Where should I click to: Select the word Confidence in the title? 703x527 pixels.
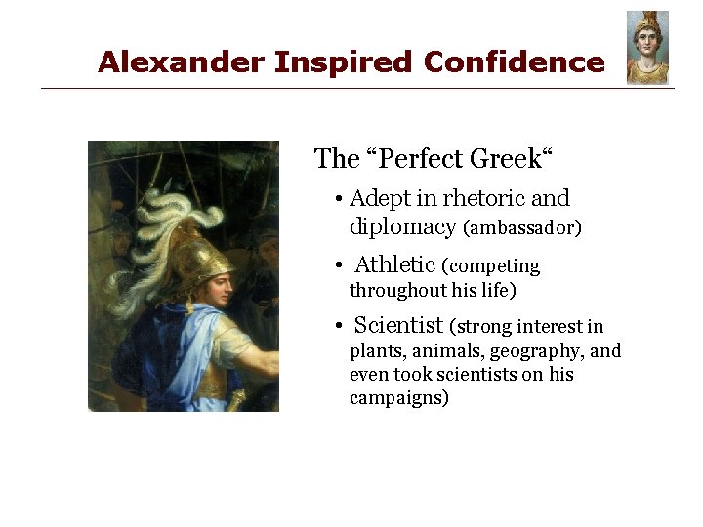click(x=515, y=63)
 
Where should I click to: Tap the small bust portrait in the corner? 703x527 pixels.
click(x=647, y=48)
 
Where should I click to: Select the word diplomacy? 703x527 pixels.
click(x=402, y=227)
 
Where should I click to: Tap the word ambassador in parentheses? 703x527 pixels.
click(x=522, y=228)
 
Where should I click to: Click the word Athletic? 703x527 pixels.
click(x=394, y=264)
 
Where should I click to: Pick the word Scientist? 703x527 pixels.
click(x=398, y=325)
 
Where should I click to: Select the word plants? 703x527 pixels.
click(x=376, y=351)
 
